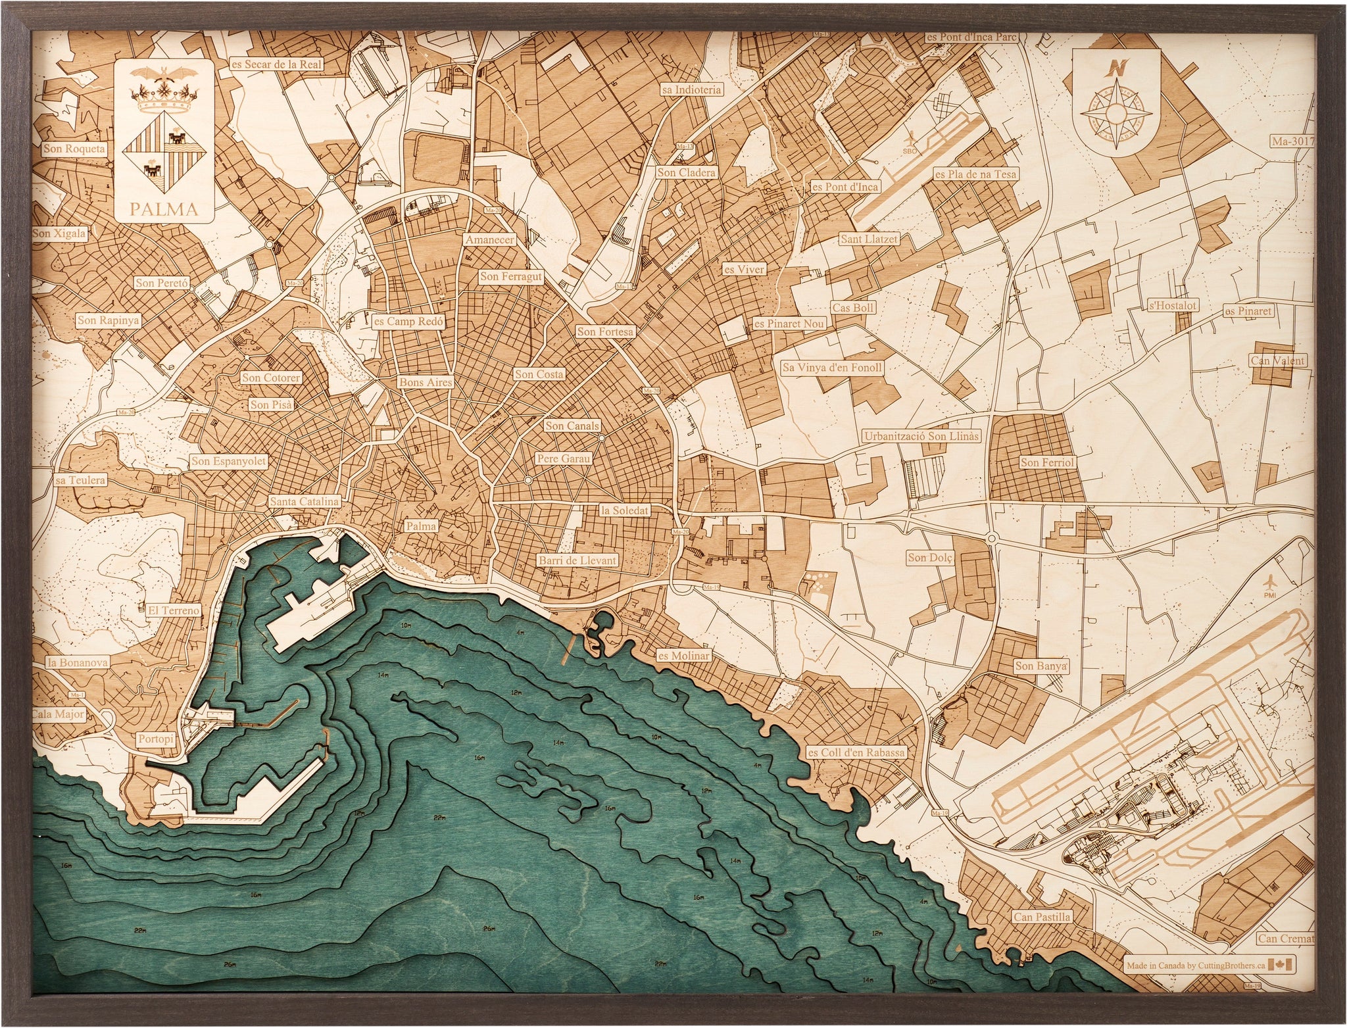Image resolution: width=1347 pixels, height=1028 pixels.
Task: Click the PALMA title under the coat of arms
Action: tap(164, 210)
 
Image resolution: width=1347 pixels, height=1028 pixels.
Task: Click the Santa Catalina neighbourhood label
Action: tap(305, 501)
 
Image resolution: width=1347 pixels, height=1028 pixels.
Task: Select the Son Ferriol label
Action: tap(1047, 463)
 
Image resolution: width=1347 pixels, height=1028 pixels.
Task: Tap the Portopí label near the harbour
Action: tap(157, 739)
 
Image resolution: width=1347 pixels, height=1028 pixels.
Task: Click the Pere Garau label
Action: tap(564, 458)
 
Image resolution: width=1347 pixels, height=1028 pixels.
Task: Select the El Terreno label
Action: tap(174, 610)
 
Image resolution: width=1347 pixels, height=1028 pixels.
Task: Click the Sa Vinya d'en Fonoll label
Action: tap(831, 368)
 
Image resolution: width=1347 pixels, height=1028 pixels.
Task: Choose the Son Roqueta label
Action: tap(74, 149)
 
